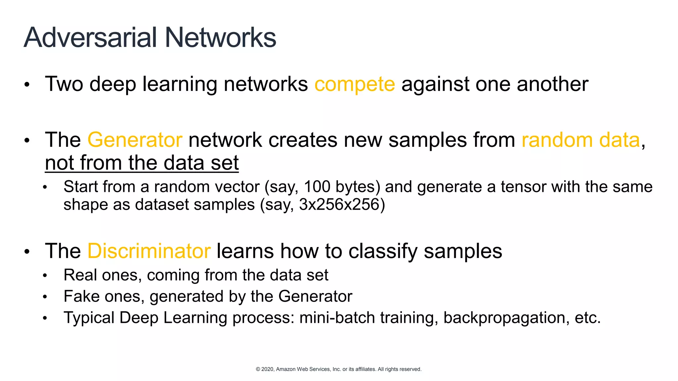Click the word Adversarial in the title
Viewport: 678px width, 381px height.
[90, 37]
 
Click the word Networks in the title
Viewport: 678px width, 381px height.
[220, 37]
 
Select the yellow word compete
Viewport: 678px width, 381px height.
[355, 84]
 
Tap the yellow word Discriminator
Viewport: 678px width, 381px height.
[149, 251]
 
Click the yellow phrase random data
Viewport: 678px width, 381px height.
[581, 140]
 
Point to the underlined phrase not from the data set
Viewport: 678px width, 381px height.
[142, 163]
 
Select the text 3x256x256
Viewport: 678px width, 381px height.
[339, 204]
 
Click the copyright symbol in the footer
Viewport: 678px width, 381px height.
[258, 369]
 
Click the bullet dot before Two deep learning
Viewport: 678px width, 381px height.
[27, 85]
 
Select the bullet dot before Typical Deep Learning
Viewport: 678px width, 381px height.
[45, 318]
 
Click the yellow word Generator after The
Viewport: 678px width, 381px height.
[135, 140]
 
